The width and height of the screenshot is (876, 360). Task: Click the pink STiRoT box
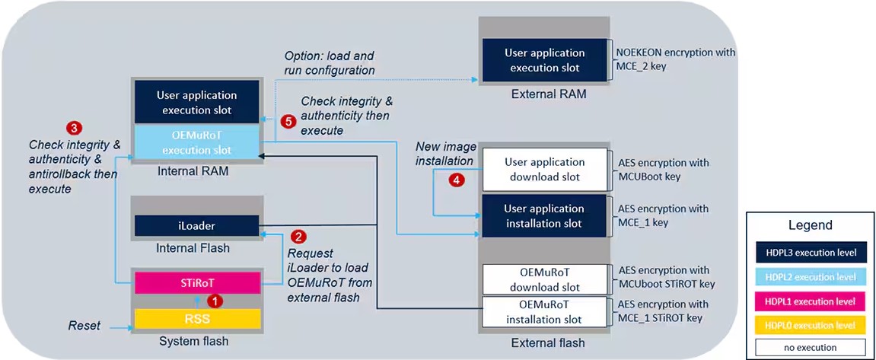(x=199, y=282)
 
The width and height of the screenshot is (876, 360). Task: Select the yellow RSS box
(x=199, y=318)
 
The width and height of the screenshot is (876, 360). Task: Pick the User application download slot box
(x=544, y=170)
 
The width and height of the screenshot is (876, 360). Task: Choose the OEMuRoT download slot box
(x=544, y=279)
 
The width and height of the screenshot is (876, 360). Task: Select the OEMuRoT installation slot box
(x=544, y=313)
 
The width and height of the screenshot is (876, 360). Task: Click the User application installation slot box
(x=544, y=216)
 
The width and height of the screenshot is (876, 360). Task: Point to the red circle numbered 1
(x=215, y=301)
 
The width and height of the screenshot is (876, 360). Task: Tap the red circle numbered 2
(x=299, y=237)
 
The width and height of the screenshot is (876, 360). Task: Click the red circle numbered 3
(x=72, y=126)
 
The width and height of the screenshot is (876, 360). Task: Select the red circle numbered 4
(x=457, y=180)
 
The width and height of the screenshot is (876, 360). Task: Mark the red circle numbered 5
(x=288, y=122)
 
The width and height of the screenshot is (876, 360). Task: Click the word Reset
(x=84, y=325)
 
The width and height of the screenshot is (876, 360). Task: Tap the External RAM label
(x=549, y=94)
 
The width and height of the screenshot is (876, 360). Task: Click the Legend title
(x=810, y=225)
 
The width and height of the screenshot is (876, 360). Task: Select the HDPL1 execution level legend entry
(x=810, y=301)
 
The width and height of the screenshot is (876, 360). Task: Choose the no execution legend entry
(x=810, y=346)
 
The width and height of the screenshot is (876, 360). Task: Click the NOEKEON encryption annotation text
(x=676, y=59)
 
